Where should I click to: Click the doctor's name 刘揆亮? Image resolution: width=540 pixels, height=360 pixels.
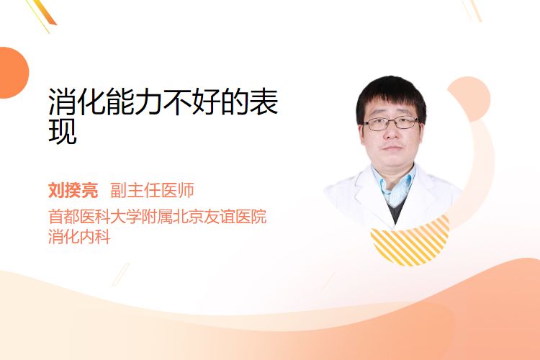[73, 190]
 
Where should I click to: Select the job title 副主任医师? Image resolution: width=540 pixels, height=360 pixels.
[152, 190]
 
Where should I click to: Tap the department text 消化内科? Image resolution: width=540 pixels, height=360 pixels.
[79, 237]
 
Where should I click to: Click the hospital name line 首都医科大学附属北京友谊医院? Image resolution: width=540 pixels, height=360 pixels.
[158, 216]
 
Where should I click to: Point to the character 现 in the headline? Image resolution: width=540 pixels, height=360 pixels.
[63, 131]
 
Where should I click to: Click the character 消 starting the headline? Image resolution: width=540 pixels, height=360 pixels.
[63, 102]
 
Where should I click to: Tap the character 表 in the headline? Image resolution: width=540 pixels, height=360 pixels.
[264, 102]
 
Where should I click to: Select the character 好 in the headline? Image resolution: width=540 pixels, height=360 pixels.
[207, 102]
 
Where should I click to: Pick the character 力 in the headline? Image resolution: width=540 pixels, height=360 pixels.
[149, 102]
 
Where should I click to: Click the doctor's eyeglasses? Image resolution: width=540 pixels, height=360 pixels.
[391, 123]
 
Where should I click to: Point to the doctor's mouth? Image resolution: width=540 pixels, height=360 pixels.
[392, 148]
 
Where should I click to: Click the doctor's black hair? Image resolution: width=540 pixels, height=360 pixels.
[391, 96]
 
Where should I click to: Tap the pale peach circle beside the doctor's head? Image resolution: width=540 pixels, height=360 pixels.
[471, 99]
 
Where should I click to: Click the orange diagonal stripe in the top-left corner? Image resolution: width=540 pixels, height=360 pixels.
[45, 12]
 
